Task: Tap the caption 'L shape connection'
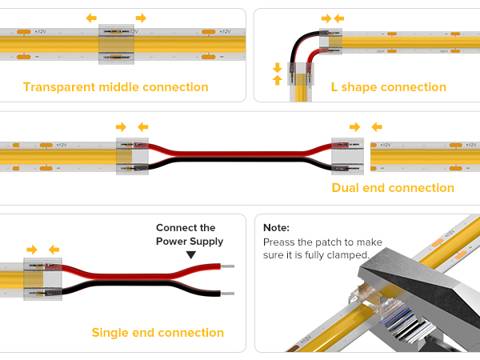coord(389,87)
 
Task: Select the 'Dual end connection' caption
coord(393,188)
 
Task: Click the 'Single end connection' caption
coord(158,333)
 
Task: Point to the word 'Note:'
coord(276,228)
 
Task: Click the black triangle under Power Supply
coord(191,254)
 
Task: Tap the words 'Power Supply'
coord(190,242)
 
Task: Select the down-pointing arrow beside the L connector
coord(278,67)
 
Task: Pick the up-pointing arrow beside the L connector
coord(278,80)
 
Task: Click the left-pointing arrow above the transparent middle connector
coord(91,18)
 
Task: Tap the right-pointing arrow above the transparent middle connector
coord(141,18)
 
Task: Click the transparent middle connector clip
coord(116,44)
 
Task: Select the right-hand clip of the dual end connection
coord(347,157)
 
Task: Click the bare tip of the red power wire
coord(227,266)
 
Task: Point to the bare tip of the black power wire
coord(227,294)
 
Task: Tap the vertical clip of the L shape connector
coord(301,74)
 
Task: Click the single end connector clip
coord(43,279)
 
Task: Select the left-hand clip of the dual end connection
coord(132,157)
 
